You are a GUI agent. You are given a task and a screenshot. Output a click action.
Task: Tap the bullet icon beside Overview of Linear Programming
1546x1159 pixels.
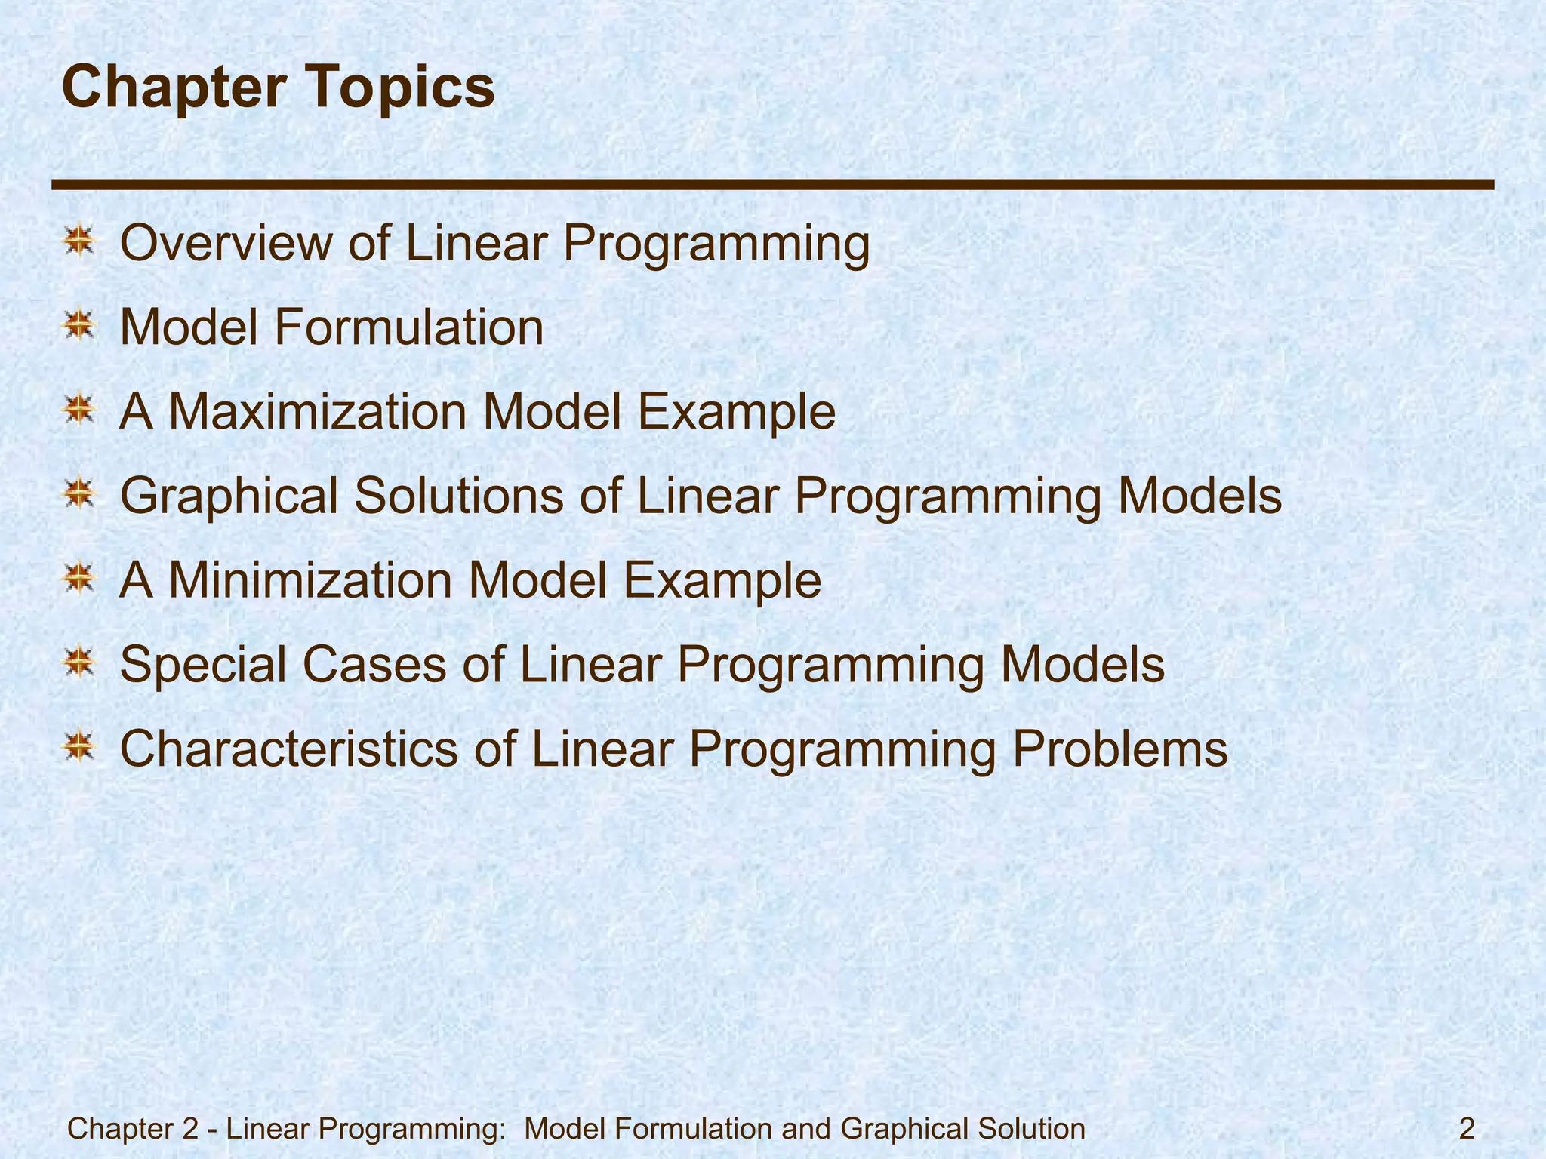[79, 243]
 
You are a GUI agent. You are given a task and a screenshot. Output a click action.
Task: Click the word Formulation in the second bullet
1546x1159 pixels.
[408, 328]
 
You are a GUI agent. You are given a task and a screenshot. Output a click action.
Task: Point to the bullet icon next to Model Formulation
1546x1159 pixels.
[79, 327]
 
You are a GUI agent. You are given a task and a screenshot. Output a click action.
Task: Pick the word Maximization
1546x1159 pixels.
[317, 413]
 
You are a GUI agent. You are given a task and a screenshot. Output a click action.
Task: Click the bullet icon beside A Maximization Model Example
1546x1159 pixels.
[79, 412]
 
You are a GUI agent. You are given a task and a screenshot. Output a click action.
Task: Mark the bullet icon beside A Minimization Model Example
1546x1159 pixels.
[79, 580]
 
